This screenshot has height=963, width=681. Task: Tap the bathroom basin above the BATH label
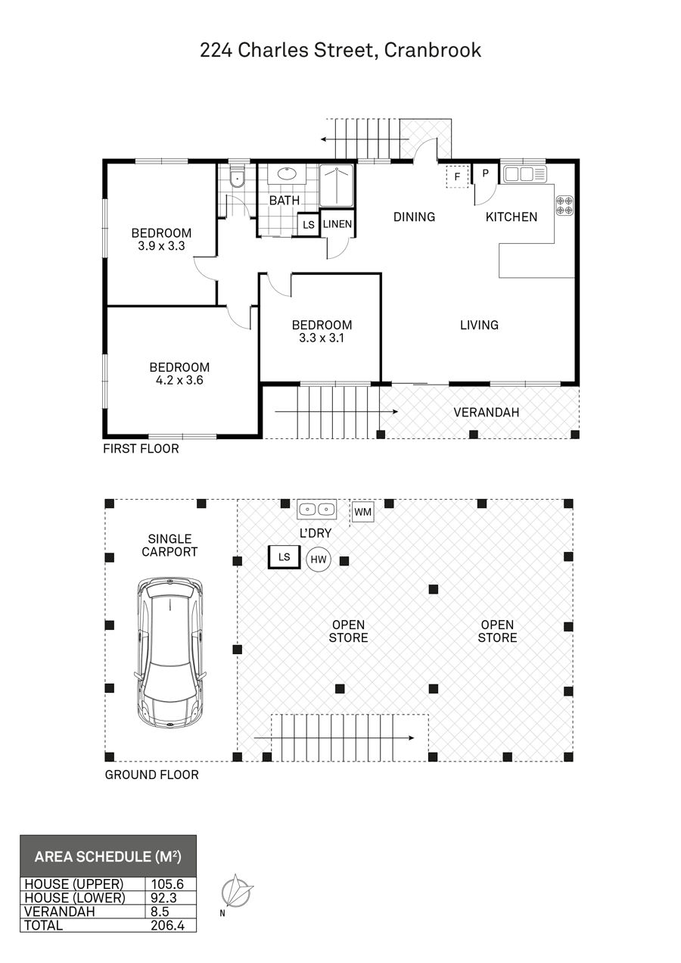coord(286,173)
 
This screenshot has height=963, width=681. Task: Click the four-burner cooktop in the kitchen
coord(564,205)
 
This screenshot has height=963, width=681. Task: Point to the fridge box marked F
coord(457,176)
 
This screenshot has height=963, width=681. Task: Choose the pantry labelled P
coord(486,173)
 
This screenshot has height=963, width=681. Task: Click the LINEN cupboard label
coord(337,224)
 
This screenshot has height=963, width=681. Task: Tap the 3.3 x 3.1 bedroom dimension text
coord(322,338)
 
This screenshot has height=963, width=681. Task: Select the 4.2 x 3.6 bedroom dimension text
coord(179,380)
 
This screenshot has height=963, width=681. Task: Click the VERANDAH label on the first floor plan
coord(487,413)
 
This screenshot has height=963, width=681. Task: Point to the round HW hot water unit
coord(319,559)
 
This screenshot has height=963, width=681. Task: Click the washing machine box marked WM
coord(363,512)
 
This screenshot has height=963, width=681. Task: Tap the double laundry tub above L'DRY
coord(316,510)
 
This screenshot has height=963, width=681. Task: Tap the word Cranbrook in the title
coord(432,50)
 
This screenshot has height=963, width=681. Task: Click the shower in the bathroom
coord(337,185)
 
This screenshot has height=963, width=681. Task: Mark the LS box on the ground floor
coord(284,557)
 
